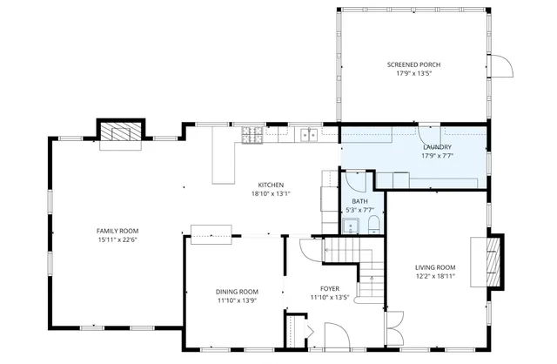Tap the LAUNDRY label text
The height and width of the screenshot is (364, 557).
coord(437,148)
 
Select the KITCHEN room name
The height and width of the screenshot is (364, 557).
coord(271,185)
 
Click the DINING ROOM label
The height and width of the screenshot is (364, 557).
coord(237,291)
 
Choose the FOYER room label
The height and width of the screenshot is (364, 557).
coord(329,288)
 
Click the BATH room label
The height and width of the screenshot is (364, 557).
coord(359,201)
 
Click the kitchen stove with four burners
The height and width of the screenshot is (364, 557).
coord(252,134)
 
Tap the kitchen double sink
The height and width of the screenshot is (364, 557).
coord(308,134)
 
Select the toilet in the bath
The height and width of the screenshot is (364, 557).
coord(372,226)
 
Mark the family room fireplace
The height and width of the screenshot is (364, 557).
coord(117,133)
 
